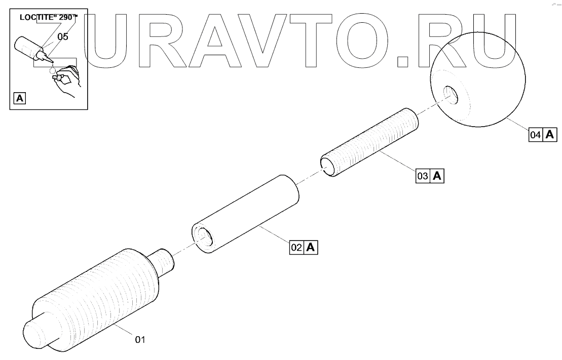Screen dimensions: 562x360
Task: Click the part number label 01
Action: (x=140, y=340)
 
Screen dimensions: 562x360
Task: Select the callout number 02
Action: (x=296, y=248)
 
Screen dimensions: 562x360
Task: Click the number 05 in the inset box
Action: (x=62, y=36)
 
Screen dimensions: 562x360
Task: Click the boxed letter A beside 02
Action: (x=311, y=248)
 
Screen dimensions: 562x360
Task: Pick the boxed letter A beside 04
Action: (x=550, y=135)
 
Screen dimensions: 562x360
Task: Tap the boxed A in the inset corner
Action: (x=19, y=98)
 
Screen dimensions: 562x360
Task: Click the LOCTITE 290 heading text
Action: (x=49, y=17)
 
